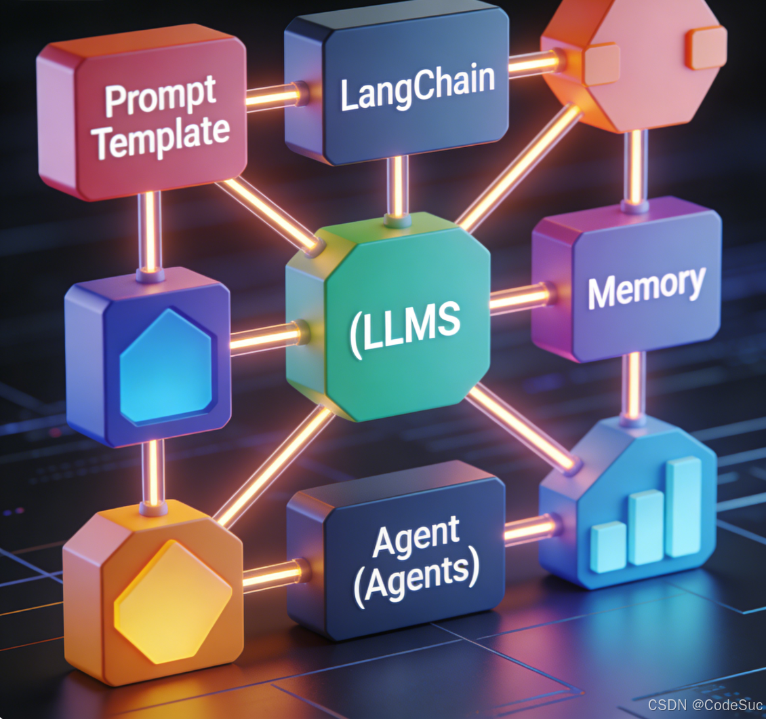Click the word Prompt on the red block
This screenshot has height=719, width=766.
coord(160,99)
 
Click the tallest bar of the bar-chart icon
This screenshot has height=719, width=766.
coord(683,505)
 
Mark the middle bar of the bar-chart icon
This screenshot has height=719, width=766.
coord(645,526)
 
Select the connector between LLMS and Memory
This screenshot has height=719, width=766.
coord(519,299)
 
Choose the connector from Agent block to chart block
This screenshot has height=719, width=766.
coord(529,529)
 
